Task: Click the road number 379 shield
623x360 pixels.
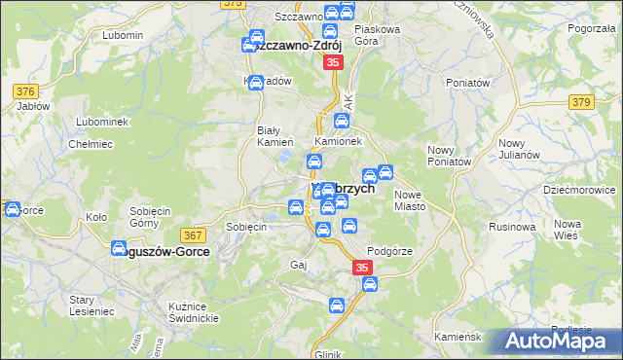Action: pyautogui.click(x=582, y=102)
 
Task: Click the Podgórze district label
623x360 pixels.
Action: pyautogui.click(x=391, y=250)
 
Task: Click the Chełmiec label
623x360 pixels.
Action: pyautogui.click(x=87, y=144)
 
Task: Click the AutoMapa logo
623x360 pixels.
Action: pyautogui.click(x=560, y=342)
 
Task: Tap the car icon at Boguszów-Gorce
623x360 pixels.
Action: pyautogui.click(x=119, y=248)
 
